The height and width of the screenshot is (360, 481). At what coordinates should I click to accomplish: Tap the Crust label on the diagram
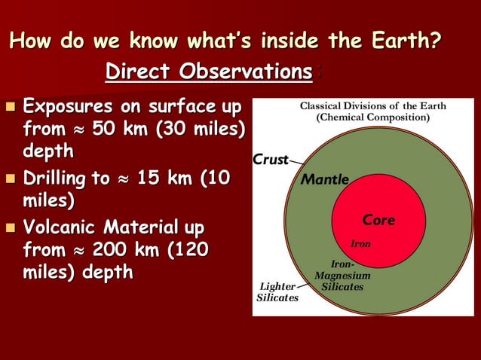pyautogui.click(x=271, y=160)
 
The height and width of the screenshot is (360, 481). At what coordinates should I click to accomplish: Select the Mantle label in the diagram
pyautogui.click(x=325, y=181)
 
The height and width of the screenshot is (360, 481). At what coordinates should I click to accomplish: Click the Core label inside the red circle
pyautogui.click(x=378, y=221)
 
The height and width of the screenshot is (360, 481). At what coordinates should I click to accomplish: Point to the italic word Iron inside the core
pyautogui.click(x=361, y=244)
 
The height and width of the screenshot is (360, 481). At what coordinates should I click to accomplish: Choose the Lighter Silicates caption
pyautogui.click(x=277, y=292)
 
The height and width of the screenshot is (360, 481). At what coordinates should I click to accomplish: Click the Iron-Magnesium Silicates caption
pyautogui.click(x=342, y=276)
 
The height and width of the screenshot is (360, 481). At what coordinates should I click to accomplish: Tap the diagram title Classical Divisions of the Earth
pyautogui.click(x=372, y=106)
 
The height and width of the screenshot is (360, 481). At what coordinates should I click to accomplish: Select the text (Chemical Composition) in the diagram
pyautogui.click(x=372, y=118)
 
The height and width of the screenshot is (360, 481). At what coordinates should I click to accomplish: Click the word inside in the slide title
pyautogui.click(x=295, y=39)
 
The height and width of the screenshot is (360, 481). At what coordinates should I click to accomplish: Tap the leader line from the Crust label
pyautogui.click(x=296, y=163)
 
